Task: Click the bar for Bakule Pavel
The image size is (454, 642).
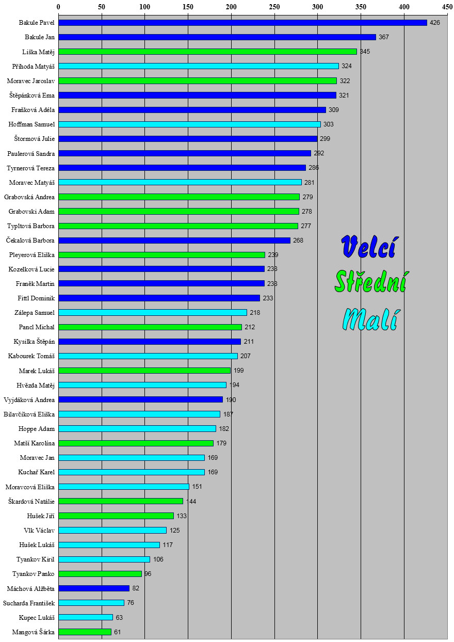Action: [242, 23]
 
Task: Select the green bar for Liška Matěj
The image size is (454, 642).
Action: [207, 52]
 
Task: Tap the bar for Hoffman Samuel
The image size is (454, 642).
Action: [189, 124]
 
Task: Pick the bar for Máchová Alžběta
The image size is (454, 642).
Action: [94, 588]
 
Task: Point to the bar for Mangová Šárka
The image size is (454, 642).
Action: [85, 632]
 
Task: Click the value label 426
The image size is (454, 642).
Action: [435, 23]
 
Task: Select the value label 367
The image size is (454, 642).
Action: [384, 37]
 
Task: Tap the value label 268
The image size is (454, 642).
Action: [298, 240]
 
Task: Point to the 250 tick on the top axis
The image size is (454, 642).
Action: [274, 7]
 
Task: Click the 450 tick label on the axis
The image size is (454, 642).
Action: [447, 7]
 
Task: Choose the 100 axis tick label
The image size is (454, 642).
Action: [144, 7]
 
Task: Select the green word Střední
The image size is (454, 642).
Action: [370, 282]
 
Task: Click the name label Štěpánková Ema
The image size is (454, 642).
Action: [32, 95]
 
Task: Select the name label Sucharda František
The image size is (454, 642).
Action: [29, 603]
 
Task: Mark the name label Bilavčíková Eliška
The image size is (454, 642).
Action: [29, 414]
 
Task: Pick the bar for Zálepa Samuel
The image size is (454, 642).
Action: [153, 313]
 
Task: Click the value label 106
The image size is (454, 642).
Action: [158, 559]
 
